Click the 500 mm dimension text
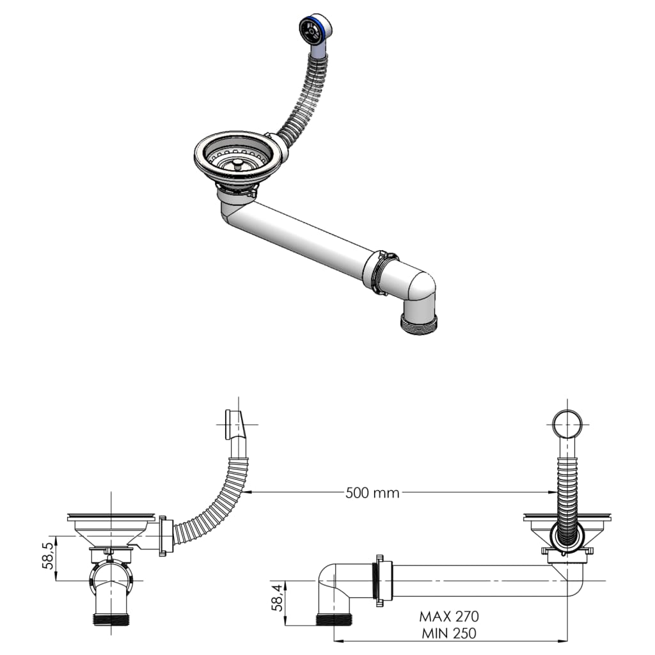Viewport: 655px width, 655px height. tap(372, 493)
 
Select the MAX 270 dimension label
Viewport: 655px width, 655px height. tap(448, 617)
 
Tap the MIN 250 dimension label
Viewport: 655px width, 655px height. tap(448, 633)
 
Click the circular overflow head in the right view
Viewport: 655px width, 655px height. tap(567, 423)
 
